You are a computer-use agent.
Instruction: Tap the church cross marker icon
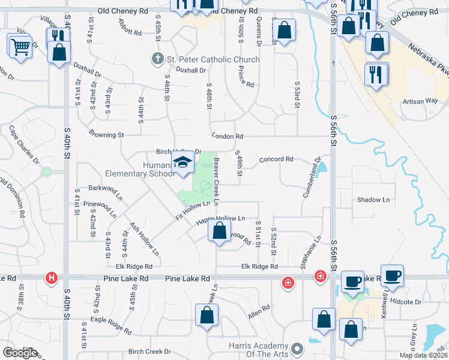157,59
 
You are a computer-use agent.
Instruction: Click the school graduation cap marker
182,163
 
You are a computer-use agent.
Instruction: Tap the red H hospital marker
52,278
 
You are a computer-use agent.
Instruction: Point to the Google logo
19,353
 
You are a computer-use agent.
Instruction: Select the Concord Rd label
276,159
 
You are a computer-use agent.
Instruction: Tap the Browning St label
106,134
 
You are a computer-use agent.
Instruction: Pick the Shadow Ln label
373,199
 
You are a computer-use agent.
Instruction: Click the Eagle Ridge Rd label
111,325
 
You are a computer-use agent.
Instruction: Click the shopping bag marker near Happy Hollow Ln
220,231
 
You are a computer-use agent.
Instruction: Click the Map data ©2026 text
424,355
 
